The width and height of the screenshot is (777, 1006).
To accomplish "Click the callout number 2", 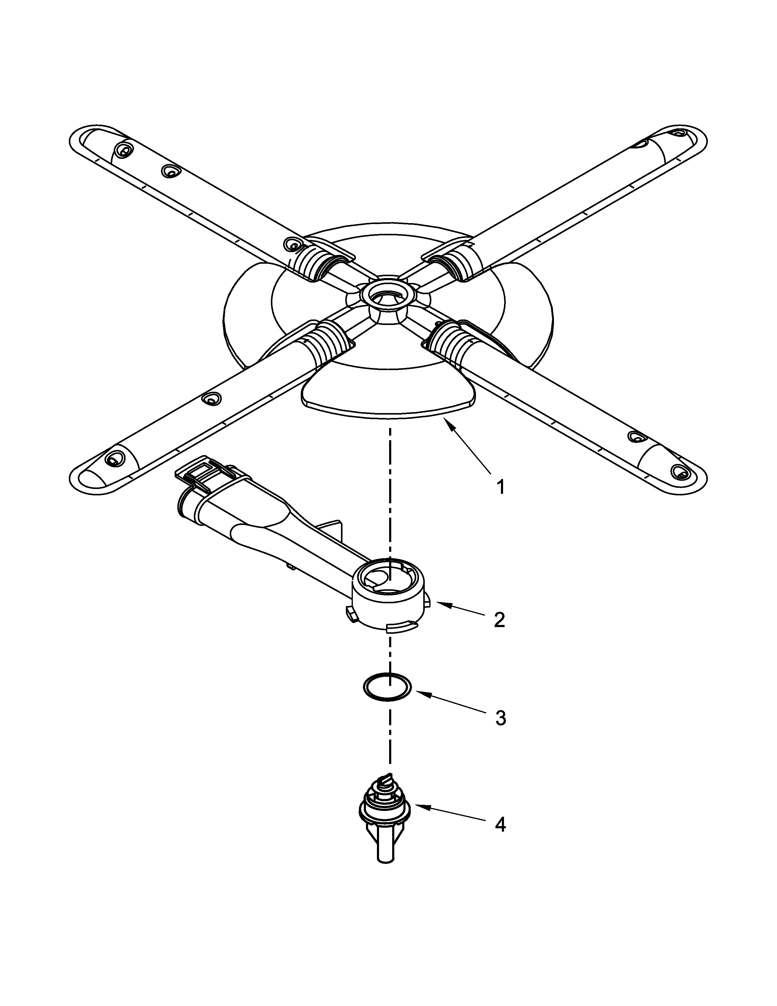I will point(499,620).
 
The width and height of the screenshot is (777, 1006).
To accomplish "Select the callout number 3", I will point(500,718).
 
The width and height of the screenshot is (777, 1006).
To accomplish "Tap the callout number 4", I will point(500,825).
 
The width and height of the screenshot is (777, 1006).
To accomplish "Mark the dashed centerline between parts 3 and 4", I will point(390,742).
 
